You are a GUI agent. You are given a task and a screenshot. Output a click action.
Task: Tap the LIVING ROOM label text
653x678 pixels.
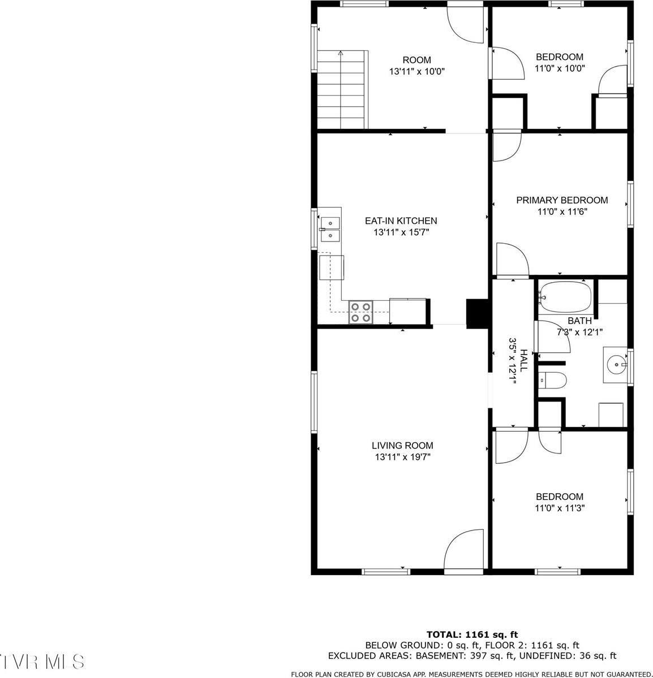click(x=402, y=446)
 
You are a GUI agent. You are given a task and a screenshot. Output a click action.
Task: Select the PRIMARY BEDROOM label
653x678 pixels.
click(x=561, y=200)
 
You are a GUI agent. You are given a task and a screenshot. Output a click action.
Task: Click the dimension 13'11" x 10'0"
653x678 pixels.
click(x=416, y=72)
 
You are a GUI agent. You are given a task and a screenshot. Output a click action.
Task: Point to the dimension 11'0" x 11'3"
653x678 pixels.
click(x=559, y=508)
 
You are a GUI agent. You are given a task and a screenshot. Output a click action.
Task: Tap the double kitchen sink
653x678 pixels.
click(x=329, y=229)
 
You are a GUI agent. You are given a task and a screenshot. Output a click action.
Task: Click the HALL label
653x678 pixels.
click(x=524, y=360)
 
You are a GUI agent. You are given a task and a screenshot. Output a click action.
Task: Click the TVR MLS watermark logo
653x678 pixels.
click(x=43, y=660)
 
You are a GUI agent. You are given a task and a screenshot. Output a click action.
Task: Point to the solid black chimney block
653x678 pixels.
click(x=475, y=313)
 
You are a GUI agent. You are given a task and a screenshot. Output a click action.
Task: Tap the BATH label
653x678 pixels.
click(x=579, y=321)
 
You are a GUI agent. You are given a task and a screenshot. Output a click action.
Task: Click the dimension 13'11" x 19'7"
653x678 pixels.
click(x=402, y=457)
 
